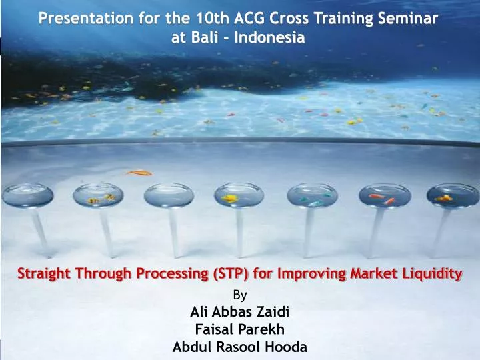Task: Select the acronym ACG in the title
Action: click(247, 18)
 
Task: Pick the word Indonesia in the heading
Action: click(271, 38)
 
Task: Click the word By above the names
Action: click(239, 293)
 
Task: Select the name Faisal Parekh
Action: click(239, 329)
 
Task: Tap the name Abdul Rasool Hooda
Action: click(239, 347)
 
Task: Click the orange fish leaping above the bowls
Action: click(139, 173)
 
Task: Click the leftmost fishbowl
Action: click(25, 195)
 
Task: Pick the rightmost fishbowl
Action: click(443, 195)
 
